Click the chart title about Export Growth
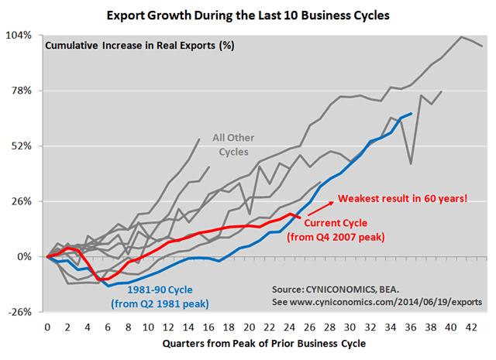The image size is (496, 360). click(x=248, y=14)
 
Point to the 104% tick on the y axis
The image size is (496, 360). click(x=19, y=36)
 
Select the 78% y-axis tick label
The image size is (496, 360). click(x=21, y=91)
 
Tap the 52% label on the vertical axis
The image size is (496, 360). click(x=21, y=146)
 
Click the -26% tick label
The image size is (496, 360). click(x=19, y=312)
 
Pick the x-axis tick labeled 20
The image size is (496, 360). click(x=247, y=327)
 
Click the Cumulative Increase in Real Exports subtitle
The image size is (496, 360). click(x=139, y=45)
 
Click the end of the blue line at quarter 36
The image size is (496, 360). click(x=411, y=113)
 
